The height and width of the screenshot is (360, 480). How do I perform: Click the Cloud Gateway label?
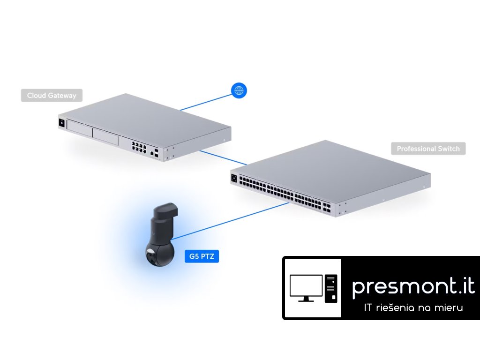tap(52, 96)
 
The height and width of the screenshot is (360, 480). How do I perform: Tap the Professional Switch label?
tap(428, 149)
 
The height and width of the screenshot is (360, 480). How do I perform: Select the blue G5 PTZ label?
tap(202, 256)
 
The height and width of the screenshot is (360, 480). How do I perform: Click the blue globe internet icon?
tap(239, 90)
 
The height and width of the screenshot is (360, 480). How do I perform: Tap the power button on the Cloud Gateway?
tap(61, 123)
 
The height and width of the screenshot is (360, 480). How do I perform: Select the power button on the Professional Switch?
tap(234, 178)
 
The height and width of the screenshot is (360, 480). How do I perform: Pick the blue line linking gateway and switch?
tap(223, 157)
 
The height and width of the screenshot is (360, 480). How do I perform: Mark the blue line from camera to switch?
tap(230, 220)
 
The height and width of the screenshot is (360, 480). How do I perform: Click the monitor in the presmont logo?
tap(306, 287)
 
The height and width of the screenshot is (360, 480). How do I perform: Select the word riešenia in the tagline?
tap(398, 308)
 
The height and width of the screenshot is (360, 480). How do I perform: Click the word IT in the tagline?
tap(369, 308)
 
